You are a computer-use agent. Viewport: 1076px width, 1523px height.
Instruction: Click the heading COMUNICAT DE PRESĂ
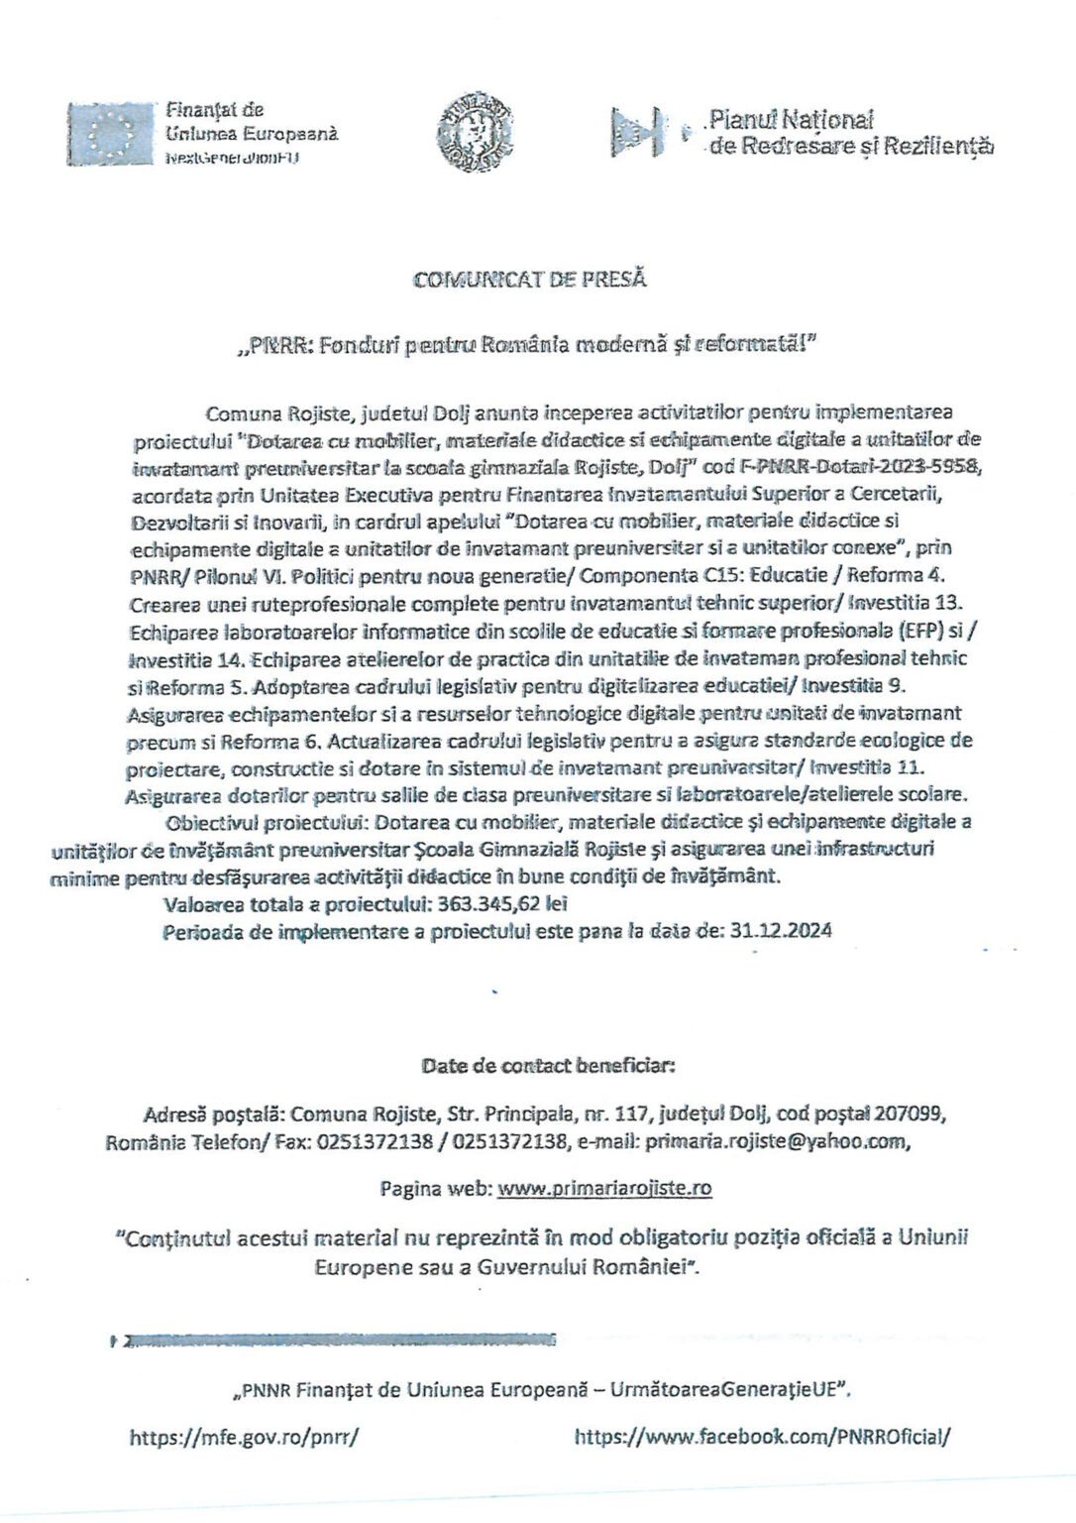[530, 279]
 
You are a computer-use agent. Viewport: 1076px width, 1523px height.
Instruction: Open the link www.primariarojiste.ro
[604, 1188]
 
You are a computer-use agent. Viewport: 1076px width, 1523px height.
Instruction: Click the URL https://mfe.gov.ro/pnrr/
[242, 1435]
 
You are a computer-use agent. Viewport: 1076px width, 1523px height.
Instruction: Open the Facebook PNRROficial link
[762, 1435]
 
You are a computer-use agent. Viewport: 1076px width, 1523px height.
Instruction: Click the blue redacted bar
[337, 1342]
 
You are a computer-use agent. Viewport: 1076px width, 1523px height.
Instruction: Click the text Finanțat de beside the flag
[214, 110]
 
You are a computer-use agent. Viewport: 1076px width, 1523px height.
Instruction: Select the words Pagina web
[435, 1188]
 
